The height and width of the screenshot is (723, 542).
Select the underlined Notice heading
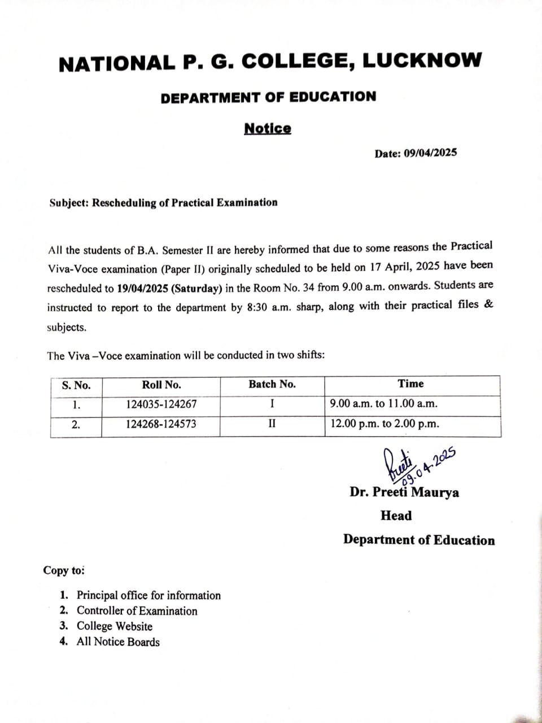pos(268,129)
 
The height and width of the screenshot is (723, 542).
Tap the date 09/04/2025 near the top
pos(430,153)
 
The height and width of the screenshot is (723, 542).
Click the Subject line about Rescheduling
pos(163,203)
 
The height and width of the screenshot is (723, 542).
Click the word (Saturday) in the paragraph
pos(196,289)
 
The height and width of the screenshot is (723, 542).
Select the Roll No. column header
pos(161,385)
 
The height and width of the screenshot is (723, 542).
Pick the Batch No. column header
pos(272,385)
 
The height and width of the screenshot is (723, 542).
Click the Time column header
pos(410,384)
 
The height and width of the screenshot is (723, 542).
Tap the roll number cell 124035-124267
pos(161,404)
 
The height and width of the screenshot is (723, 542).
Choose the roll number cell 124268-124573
pos(161,424)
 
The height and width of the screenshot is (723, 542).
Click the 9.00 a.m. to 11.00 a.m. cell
pos(384,404)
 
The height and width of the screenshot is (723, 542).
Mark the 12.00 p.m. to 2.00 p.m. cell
pos(384,424)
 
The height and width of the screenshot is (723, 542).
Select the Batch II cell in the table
pos(272,424)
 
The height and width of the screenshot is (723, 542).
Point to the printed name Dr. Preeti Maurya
pos(404,493)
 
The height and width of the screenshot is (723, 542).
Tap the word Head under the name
pos(396,516)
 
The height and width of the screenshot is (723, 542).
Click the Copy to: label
pos(64,570)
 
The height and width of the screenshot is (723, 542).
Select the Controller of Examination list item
pos(137,611)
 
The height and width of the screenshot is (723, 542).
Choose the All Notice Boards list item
pos(118,642)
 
